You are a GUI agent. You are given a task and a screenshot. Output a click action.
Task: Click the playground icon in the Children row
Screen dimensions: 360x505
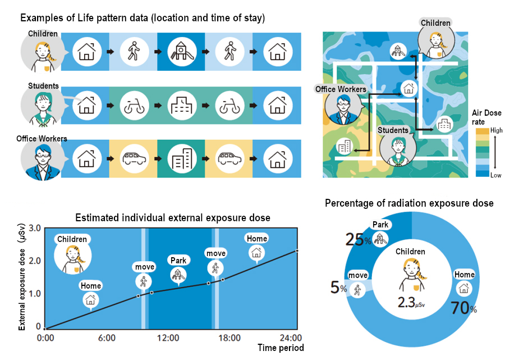(181, 51)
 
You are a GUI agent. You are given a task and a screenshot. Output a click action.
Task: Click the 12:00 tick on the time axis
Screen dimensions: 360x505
(168, 338)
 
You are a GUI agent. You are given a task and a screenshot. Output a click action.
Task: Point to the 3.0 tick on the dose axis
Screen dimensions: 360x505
(35, 229)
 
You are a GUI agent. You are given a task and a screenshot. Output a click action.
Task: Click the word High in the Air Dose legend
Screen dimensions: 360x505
(497, 130)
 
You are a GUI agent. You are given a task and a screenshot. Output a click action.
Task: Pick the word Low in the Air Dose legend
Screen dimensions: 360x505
(496, 175)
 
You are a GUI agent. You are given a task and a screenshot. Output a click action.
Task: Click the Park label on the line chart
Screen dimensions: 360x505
(178, 261)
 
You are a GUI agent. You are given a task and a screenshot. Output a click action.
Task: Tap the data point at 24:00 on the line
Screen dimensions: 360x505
(297, 250)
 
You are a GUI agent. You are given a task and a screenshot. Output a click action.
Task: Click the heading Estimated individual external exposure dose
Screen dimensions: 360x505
(172, 217)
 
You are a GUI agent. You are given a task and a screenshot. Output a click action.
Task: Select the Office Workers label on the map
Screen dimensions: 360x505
(341, 89)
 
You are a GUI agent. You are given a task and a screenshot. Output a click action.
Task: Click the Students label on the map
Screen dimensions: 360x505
(393, 130)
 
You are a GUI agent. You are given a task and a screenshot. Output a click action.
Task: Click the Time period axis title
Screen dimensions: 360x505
(281, 348)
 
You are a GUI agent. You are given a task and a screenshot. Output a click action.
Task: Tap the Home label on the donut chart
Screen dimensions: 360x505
(465, 275)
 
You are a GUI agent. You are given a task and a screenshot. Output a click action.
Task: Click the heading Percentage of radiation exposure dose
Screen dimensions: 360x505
(409, 203)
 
